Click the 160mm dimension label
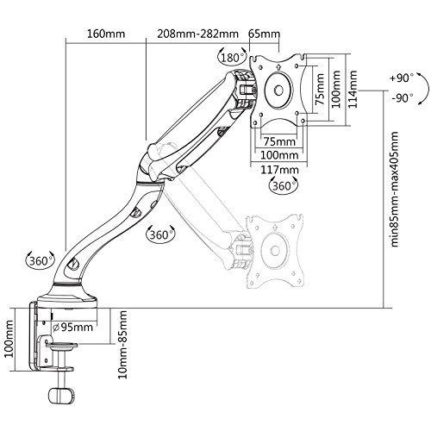click(106, 34)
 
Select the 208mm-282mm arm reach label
click(197, 34)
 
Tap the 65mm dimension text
click(264, 34)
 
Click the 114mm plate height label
click(353, 90)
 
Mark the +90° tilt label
click(402, 78)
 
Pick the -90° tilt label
click(403, 98)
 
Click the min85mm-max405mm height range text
click(395, 189)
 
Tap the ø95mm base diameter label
click(73, 327)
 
